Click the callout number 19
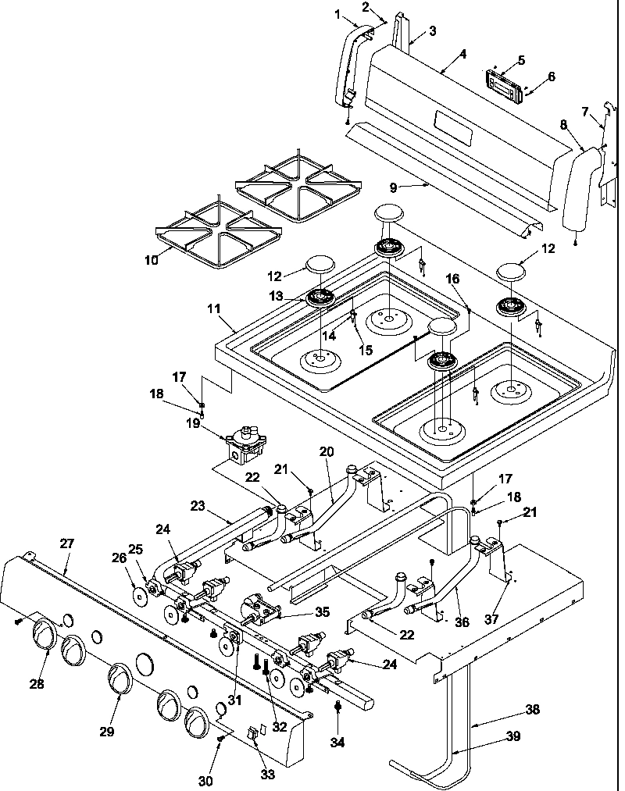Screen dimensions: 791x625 (194, 423)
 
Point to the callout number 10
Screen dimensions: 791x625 (152, 260)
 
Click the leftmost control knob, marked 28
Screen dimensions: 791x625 (46, 632)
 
